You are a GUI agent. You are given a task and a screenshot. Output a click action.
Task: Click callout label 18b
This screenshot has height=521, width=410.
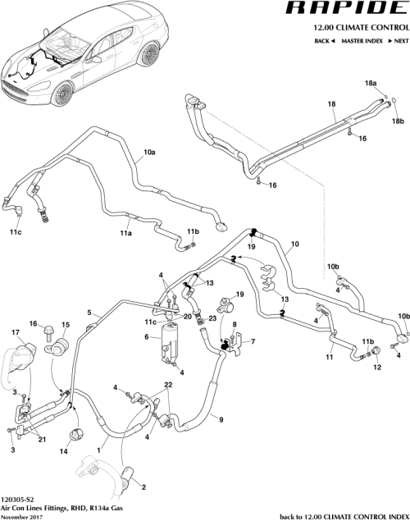tap(397, 121)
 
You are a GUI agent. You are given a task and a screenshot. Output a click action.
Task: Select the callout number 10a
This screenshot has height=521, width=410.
tap(150, 153)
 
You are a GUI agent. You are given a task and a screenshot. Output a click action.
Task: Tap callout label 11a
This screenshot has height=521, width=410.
tap(126, 234)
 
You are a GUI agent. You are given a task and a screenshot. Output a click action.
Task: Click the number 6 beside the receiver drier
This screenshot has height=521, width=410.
tap(146, 337)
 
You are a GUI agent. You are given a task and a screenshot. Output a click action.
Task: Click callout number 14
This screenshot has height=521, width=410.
tap(63, 452)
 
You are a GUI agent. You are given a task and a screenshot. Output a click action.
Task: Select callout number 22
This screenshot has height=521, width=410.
tap(168, 386)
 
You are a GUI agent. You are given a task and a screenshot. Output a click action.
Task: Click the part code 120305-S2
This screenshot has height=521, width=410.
tap(17, 497)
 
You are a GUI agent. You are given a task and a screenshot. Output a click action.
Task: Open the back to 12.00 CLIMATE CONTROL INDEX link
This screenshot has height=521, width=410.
tap(344, 516)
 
